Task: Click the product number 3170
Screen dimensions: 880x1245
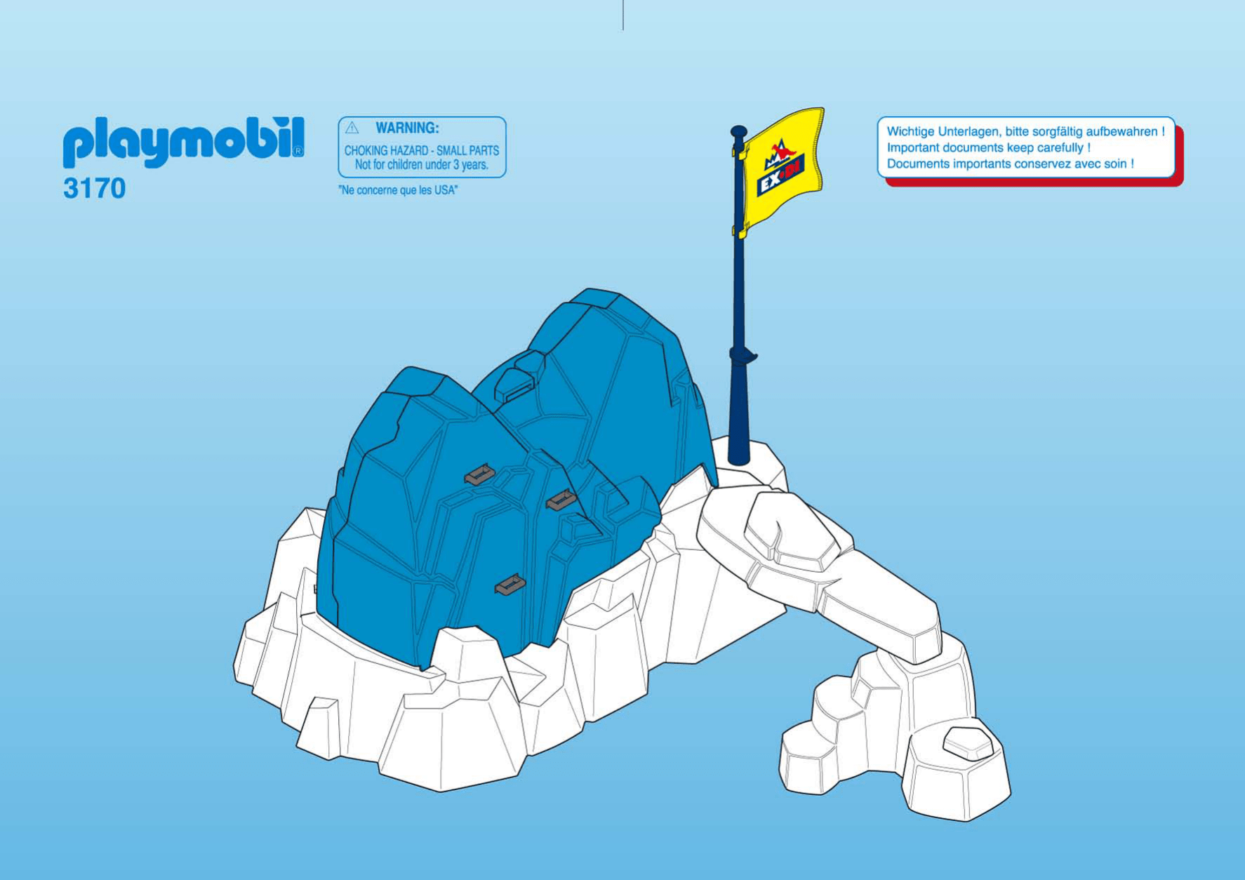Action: [94, 188]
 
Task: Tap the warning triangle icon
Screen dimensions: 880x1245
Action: [352, 128]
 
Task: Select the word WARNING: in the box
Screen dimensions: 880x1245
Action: [407, 128]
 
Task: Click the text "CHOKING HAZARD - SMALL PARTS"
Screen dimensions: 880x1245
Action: [421, 150]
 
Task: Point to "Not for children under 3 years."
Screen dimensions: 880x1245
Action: [421, 165]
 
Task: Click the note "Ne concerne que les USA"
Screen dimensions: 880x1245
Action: [398, 190]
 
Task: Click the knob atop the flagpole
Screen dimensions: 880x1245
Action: [738, 131]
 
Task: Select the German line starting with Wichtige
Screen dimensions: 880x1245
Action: [1025, 131]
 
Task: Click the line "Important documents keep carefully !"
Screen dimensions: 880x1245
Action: [988, 147]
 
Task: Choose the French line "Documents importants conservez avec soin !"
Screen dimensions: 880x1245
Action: [1010, 164]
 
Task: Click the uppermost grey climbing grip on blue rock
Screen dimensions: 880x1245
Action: [480, 475]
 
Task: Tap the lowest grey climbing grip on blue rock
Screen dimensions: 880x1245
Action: [510, 585]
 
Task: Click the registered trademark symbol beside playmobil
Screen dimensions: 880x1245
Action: [298, 151]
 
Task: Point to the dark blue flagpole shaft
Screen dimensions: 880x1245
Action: [738, 295]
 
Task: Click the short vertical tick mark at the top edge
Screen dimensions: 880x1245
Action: [622, 15]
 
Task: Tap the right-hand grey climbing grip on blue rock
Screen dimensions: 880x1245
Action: [561, 500]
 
